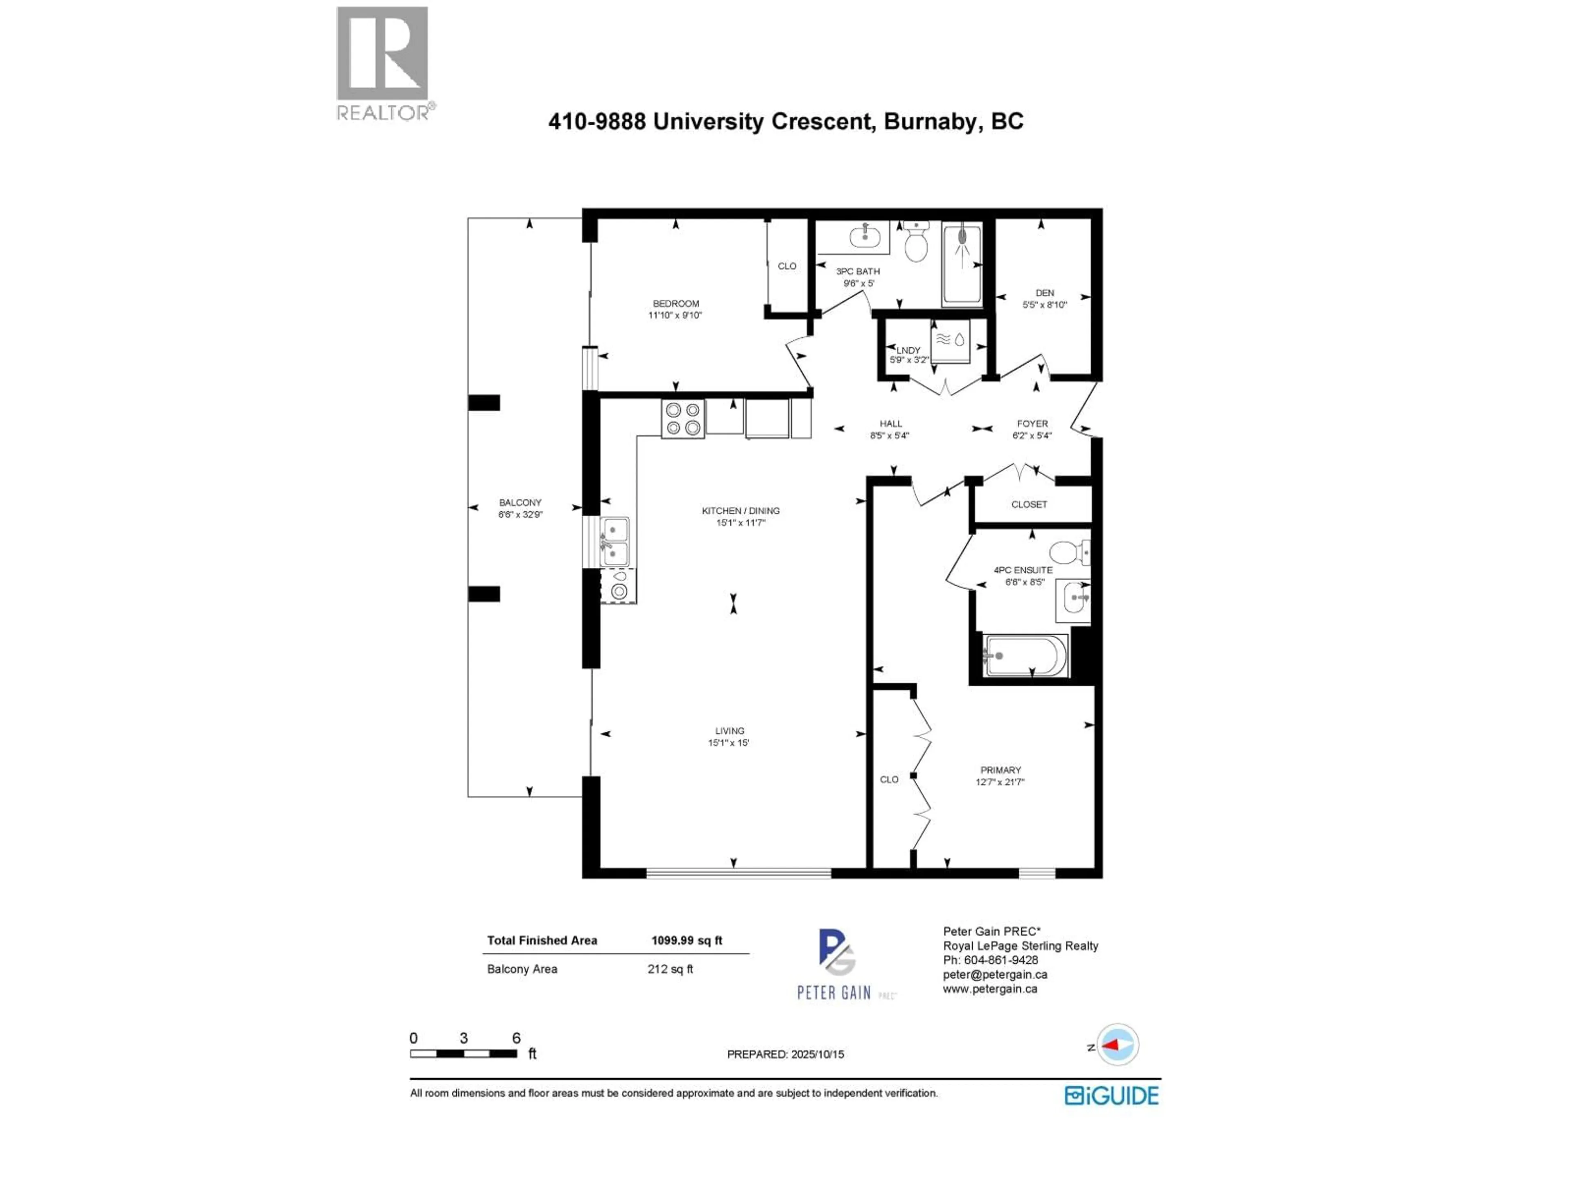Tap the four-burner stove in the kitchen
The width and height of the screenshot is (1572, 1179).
(683, 418)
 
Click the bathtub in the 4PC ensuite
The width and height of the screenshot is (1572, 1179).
(1025, 655)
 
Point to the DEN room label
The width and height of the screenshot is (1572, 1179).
(1044, 293)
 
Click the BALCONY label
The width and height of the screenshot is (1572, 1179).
(520, 502)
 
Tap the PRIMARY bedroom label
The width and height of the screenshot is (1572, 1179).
(1000, 770)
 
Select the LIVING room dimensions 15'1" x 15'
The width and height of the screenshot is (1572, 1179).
(728, 743)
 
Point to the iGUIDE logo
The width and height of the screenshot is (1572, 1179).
(1111, 1095)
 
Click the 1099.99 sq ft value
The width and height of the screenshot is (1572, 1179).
(687, 940)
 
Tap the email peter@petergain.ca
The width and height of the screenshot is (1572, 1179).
(995, 974)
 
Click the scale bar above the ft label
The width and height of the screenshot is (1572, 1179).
(463, 1053)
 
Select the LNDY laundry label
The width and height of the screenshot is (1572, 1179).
(908, 350)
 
